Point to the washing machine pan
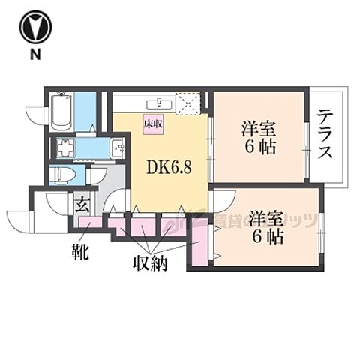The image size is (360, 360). click(65, 148)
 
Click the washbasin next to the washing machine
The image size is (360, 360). click(118, 148)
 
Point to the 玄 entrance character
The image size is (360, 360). click(80, 202)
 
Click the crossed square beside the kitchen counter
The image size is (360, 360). click(188, 103)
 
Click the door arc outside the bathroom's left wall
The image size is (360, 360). click(36, 112)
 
